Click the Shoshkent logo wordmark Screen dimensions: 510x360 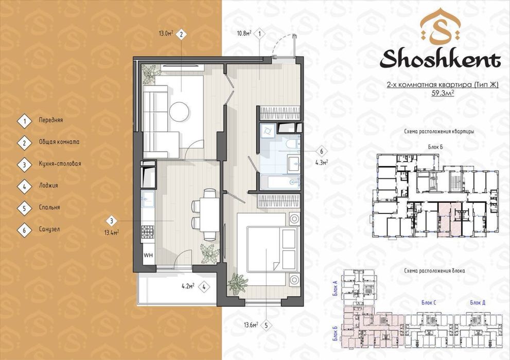(440, 60)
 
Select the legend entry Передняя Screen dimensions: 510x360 (51, 120)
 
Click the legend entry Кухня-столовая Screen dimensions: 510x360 (60, 164)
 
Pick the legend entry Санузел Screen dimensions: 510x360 (49, 229)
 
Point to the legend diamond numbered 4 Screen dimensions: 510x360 (24, 187)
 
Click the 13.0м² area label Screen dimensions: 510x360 (166, 33)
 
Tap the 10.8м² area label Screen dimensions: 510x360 (244, 33)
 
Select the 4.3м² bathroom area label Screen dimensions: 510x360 (321, 162)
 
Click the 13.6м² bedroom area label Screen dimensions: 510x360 (251, 325)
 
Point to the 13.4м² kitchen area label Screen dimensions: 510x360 (111, 232)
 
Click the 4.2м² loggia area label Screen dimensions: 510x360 (188, 286)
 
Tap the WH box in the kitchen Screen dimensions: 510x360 (148, 256)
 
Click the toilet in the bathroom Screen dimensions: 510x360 (292, 144)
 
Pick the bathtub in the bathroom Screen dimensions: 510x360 (280, 182)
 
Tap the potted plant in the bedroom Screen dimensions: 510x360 (238, 284)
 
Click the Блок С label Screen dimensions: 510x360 (429, 303)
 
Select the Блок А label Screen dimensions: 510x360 (336, 288)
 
